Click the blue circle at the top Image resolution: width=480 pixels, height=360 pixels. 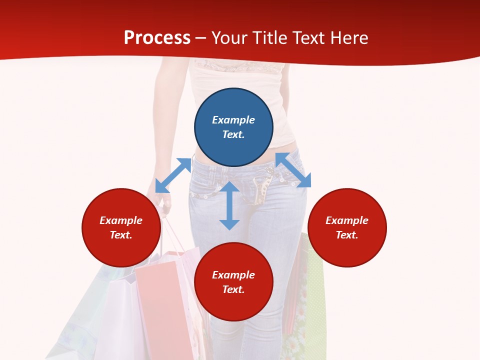(x=233, y=127)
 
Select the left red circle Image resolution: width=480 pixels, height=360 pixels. (x=121, y=227)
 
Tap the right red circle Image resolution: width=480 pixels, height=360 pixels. (x=347, y=227)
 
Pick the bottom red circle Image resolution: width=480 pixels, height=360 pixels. (x=233, y=282)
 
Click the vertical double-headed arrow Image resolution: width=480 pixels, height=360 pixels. (x=229, y=205)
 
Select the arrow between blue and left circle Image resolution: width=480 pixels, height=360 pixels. (x=173, y=175)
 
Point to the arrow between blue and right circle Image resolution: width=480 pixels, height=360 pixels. (x=293, y=170)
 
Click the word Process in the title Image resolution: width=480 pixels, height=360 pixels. (x=157, y=37)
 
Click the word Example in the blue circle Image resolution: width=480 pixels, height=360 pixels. (x=233, y=120)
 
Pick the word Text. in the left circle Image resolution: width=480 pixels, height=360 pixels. (x=121, y=235)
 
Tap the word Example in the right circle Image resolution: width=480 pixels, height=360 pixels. (x=347, y=220)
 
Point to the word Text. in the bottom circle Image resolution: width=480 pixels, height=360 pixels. (x=233, y=289)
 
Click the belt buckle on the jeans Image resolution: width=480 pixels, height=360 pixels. (x=260, y=192)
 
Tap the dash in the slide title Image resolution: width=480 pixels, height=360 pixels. (x=201, y=38)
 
